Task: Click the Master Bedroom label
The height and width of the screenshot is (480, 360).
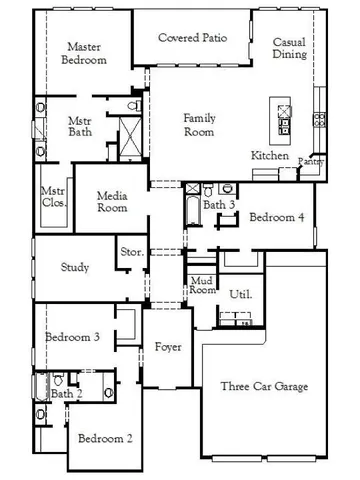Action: click(x=86, y=53)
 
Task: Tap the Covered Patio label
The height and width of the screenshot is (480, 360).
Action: click(x=193, y=38)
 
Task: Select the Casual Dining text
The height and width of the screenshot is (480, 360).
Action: click(x=291, y=48)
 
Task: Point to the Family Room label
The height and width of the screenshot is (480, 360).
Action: click(x=199, y=125)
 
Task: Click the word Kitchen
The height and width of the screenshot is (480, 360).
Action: click(x=270, y=157)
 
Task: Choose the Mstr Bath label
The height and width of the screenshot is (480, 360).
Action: click(x=81, y=128)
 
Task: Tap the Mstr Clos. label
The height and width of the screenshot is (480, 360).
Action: click(x=53, y=196)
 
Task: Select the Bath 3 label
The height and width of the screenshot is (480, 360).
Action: click(x=219, y=205)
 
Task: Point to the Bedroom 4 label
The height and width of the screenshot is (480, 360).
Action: click(x=277, y=217)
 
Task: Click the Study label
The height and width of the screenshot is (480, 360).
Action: click(x=75, y=267)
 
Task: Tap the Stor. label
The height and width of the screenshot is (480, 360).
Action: click(x=131, y=252)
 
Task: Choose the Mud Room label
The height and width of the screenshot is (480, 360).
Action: click(x=202, y=285)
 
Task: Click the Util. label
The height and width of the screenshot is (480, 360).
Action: click(x=240, y=295)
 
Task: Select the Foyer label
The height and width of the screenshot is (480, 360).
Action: click(x=168, y=347)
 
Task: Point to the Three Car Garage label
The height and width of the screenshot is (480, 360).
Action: click(x=264, y=387)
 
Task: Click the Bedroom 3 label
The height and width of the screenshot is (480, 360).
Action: click(x=72, y=337)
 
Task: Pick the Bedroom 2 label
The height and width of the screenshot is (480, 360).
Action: click(x=105, y=438)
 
